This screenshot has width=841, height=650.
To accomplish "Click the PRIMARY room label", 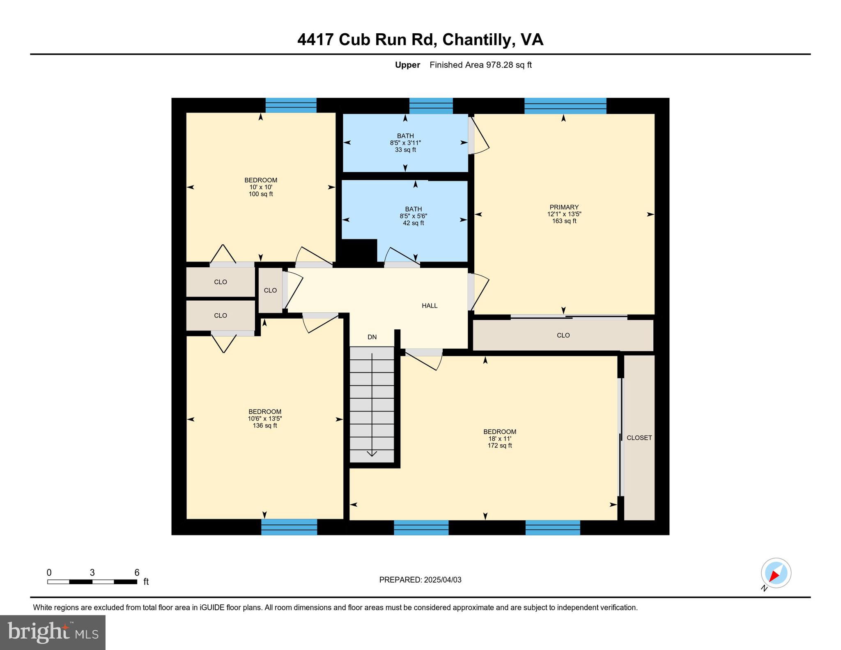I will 564,207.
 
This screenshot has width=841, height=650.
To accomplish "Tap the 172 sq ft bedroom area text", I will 499,446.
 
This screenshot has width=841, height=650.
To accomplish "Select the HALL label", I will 430,305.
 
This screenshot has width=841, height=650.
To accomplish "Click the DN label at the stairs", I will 372,337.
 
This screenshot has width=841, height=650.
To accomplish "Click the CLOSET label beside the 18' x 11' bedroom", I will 639,438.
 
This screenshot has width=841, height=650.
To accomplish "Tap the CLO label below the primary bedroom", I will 563,335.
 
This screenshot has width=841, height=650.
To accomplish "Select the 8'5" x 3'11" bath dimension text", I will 405,143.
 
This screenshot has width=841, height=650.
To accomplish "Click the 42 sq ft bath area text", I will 413,223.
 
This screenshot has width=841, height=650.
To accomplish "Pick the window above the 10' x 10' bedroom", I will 291,105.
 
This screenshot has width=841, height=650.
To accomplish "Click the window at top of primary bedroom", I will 565,106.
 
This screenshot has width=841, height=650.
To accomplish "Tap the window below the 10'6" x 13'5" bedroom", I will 289,527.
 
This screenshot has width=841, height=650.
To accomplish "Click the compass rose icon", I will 776,573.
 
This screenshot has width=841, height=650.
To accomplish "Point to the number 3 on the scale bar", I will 92,572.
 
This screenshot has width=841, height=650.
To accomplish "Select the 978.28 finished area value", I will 499,65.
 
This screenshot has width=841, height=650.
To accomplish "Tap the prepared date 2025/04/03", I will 443,580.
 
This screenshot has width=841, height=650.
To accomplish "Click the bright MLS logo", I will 53,632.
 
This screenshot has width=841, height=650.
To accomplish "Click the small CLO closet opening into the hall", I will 270,290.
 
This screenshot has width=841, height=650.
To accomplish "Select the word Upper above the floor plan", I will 407,65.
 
